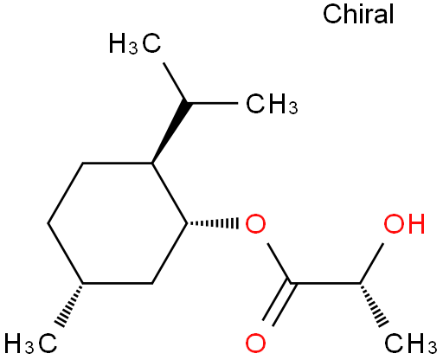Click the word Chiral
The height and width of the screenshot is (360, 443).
tap(358, 15)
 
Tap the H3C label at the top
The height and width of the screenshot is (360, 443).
tap(135, 44)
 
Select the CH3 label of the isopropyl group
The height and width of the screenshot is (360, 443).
tap(272, 104)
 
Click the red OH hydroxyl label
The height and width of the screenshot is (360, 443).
tap(404, 223)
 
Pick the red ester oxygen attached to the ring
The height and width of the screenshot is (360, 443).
tap(255, 223)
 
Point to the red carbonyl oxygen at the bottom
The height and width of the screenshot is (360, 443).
tap(255, 344)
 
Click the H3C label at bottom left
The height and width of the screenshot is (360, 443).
tap(30, 344)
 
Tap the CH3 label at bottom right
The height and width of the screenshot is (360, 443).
tap(411, 344)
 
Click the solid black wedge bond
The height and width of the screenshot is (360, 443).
tap(170, 132)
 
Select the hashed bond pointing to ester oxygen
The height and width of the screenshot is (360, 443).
tap(213, 223)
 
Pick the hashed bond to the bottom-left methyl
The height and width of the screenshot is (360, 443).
tap(69, 305)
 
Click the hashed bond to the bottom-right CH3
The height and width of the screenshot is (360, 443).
tap(374, 305)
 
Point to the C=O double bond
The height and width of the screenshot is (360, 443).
tap(279, 304)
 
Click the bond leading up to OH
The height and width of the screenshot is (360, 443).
tap(372, 263)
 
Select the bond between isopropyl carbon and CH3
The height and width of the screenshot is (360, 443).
tap(213, 103)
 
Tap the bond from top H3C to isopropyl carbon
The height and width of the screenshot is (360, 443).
tap(175, 83)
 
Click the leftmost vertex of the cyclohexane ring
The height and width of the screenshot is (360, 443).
tap(48, 223)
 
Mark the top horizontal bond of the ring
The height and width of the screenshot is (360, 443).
tap(118, 164)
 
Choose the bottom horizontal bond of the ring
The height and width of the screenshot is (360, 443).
tap(118, 284)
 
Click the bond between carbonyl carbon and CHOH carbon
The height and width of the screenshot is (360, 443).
tap(325, 283)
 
